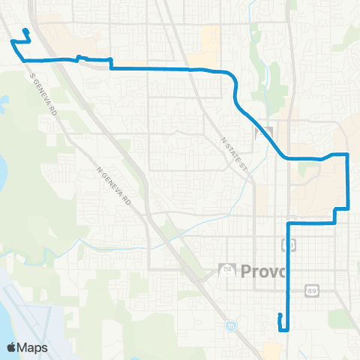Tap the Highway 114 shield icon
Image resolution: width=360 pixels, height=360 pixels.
[224, 268]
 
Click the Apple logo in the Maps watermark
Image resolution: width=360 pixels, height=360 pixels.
[12, 347]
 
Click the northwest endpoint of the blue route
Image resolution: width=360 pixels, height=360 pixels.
[25, 31]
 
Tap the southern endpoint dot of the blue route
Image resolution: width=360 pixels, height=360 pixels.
[279, 315]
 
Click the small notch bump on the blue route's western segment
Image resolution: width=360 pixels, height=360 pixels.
[79, 57]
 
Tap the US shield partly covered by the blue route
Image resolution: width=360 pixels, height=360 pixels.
[287, 244]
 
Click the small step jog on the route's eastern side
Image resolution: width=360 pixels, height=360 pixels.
[335, 215]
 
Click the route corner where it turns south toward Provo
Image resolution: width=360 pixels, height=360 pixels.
[289, 223]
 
